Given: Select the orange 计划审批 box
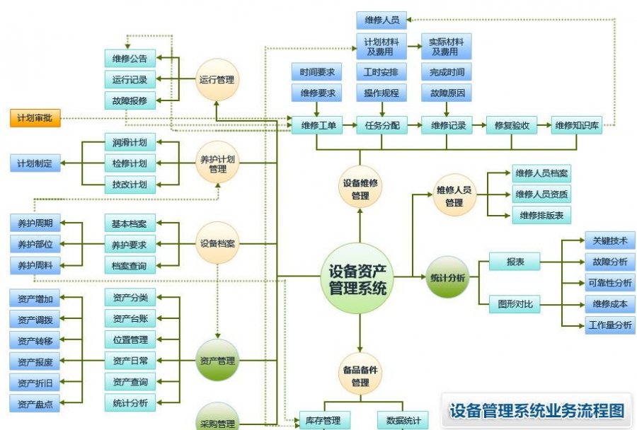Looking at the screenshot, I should (x=35, y=118).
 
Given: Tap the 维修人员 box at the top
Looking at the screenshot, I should (x=381, y=21).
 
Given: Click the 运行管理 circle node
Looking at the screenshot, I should (x=217, y=80).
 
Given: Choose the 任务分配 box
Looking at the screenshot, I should (x=381, y=126).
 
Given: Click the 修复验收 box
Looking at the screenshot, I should (x=512, y=126).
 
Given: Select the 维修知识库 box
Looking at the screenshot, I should (x=577, y=126).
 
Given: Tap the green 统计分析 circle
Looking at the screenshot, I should (x=448, y=277).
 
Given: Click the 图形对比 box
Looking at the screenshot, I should (x=515, y=305).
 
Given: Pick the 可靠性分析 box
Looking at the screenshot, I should (x=609, y=283).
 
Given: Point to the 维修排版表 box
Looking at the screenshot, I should (x=541, y=216).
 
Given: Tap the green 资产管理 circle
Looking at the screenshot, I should (x=217, y=361).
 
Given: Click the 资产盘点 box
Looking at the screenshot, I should (x=35, y=404).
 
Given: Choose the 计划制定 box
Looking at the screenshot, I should (x=35, y=163).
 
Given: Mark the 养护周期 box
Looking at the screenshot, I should (x=35, y=223).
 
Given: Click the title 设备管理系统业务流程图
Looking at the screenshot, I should (x=537, y=411).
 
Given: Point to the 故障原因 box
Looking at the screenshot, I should (x=446, y=93).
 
